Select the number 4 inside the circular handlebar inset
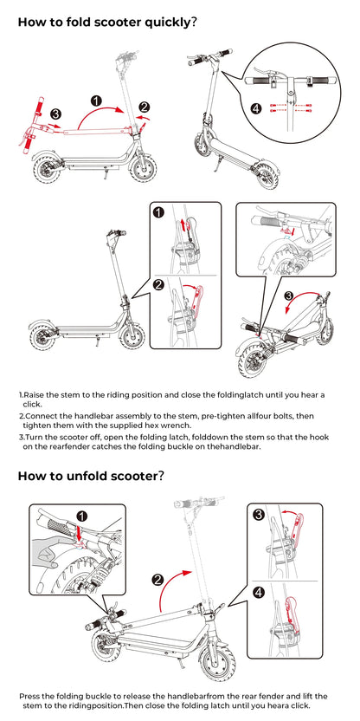click(x=255, y=108)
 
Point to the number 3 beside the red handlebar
click(x=55, y=114)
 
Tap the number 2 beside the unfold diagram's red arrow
click(x=157, y=581)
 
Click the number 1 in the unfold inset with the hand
click(x=81, y=516)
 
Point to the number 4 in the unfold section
click(x=259, y=593)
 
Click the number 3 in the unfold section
click(x=259, y=515)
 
